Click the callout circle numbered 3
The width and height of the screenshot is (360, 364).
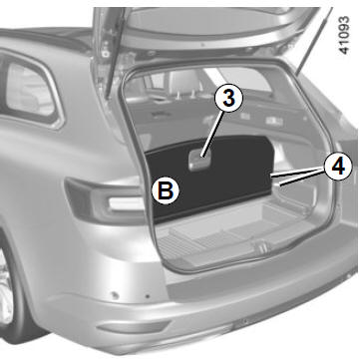tap(228, 99)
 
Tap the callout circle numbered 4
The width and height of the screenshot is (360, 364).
tap(338, 167)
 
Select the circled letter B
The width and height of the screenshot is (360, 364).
tap(166, 190)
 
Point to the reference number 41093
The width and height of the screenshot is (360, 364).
tap(344, 35)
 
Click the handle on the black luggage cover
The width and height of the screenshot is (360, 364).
tap(199, 160)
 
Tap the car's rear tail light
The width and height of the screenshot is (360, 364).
tap(107, 201)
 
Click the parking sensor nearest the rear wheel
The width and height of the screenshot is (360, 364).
tap(115, 295)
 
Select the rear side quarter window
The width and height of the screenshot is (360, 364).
tap(30, 90)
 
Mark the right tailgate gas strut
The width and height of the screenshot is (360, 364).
tap(313, 42)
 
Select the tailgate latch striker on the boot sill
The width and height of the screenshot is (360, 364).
tap(261, 247)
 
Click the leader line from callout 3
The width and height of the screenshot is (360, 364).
tap(213, 133)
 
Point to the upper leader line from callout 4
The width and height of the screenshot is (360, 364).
tap(297, 172)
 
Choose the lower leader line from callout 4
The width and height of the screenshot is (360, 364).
tap(301, 178)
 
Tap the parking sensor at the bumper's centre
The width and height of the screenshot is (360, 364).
tap(245, 321)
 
